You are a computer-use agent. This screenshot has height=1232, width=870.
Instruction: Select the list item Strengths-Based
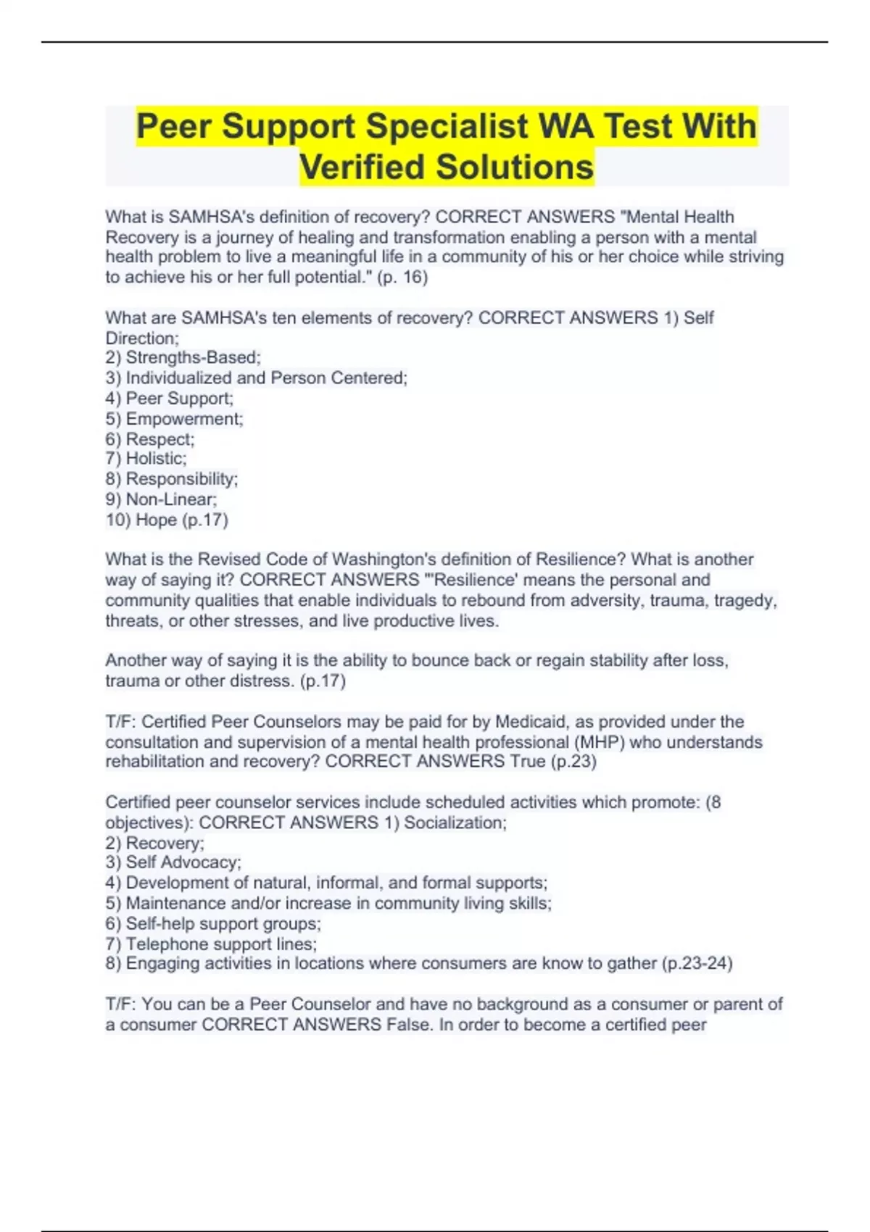pos(192,357)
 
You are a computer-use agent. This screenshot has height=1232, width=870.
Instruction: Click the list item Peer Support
pos(178,398)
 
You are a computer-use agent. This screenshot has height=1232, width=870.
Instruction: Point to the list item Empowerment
pos(183,419)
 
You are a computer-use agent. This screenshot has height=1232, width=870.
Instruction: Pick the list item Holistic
pos(155,458)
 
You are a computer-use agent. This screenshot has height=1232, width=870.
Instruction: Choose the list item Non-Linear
pos(170,499)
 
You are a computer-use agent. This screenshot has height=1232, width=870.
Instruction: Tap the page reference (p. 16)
pos(402,277)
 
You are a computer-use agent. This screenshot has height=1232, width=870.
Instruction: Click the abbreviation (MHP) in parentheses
pos(597,742)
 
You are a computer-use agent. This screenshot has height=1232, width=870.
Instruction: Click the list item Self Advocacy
pos(183,862)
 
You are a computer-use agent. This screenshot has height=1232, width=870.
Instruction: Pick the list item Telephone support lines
pos(220,944)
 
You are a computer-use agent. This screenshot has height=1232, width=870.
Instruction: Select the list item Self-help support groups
pos(223,923)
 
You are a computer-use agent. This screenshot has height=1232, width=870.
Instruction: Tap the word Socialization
pos(455,823)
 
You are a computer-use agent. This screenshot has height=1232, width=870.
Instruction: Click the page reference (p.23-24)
pos(697,963)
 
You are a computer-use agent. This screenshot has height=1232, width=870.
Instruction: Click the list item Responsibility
pos(181,478)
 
